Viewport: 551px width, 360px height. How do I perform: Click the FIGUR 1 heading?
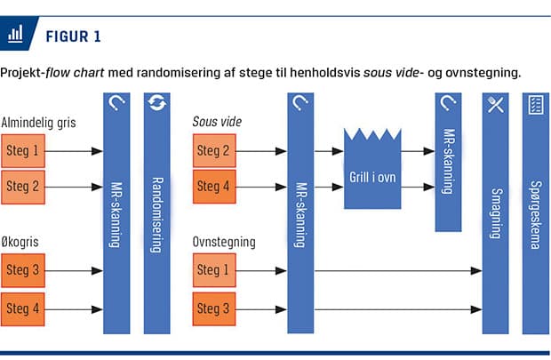[74, 36]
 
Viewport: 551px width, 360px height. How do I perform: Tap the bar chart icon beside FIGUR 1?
[15, 34]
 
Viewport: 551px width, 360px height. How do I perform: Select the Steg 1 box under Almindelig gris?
[23, 151]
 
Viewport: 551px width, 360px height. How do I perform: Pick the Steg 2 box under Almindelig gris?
[23, 187]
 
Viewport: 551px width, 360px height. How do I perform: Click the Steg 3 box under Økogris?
[23, 270]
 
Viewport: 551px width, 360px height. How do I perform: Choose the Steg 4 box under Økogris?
[23, 309]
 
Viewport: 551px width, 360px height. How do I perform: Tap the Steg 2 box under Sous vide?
[214, 150]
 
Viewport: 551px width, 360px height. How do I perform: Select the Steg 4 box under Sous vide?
[214, 187]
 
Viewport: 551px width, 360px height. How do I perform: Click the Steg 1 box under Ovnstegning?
[214, 270]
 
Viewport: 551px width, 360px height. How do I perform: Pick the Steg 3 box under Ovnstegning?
[214, 308]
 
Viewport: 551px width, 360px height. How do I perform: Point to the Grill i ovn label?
[372, 177]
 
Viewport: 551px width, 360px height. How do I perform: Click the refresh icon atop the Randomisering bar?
[157, 102]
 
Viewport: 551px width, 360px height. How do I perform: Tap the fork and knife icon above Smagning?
[496, 104]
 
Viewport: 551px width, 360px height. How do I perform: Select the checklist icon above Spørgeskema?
[536, 105]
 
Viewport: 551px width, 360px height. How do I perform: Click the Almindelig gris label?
[38, 123]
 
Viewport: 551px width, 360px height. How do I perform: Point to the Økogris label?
[20, 243]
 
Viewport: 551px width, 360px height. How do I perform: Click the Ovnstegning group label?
[224, 243]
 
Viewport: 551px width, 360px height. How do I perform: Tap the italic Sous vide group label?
[217, 122]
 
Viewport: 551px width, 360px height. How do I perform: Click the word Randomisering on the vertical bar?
[157, 215]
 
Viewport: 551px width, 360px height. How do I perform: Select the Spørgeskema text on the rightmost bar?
[536, 215]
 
